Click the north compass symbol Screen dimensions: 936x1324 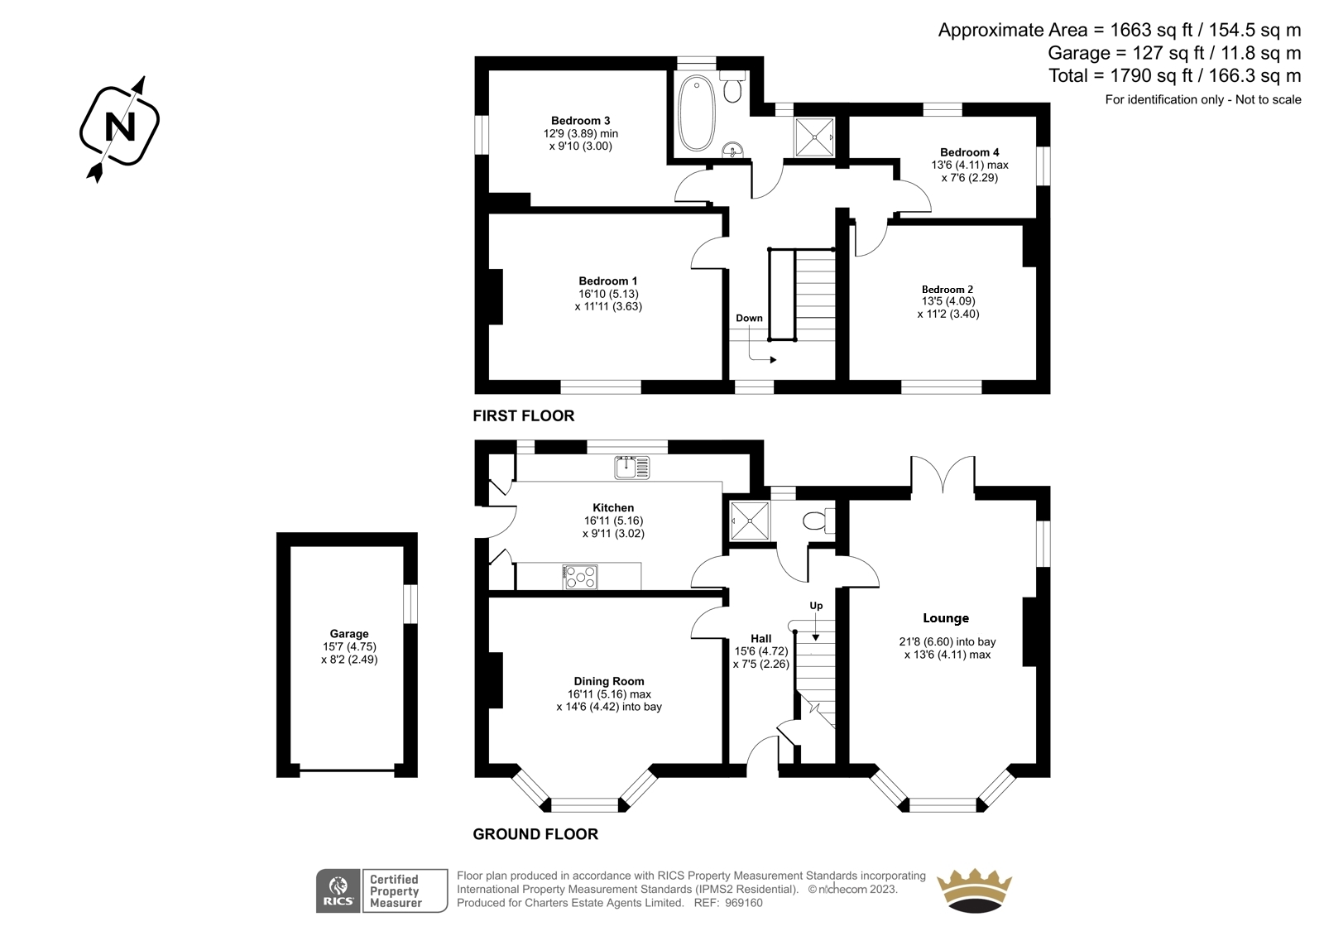119,128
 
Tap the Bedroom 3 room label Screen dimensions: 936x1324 580,121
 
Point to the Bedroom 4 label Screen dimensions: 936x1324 969,152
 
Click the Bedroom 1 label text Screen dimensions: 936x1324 607,281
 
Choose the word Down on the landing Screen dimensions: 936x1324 749,318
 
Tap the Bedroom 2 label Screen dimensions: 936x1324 947,290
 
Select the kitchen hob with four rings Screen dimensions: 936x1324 580,577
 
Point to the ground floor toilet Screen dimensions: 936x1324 815,521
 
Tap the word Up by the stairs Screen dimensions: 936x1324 816,606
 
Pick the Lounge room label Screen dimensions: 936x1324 946,618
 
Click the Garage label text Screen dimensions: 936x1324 348,634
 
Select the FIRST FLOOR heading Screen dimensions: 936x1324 523,415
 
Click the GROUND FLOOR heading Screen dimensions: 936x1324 535,834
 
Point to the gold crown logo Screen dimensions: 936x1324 974,890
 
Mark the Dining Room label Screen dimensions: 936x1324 608,682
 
